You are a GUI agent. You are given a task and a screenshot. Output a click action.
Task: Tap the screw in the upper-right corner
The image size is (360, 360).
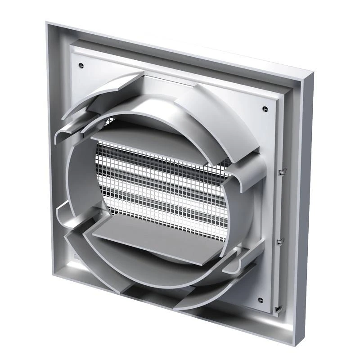coord(265,108)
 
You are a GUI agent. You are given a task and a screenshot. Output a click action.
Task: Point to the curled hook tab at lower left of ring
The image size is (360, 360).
coord(67,211)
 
